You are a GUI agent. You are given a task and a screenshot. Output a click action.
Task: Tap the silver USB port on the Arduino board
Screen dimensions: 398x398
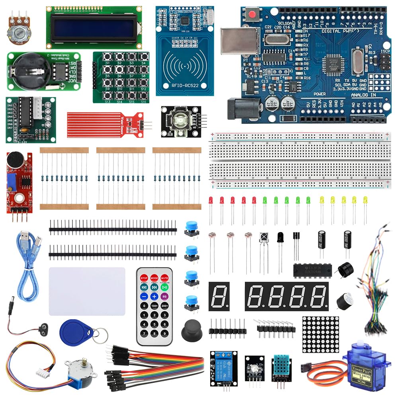tap(239, 41)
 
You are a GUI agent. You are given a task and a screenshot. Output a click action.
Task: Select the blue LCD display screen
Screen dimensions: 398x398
tap(93, 27)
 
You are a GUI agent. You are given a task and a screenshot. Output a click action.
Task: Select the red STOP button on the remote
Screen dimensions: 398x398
tap(144, 277)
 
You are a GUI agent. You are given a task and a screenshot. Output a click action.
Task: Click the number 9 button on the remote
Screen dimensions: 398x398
tap(164, 333)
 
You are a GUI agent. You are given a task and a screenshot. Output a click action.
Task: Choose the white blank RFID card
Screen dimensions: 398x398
tap(87, 291)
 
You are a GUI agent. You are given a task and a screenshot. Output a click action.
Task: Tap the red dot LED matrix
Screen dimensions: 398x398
tap(320, 334)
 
